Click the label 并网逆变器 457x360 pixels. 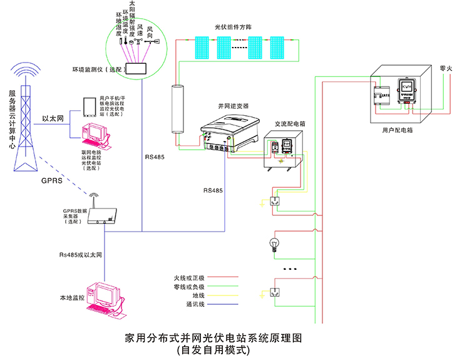(x=230, y=106)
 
